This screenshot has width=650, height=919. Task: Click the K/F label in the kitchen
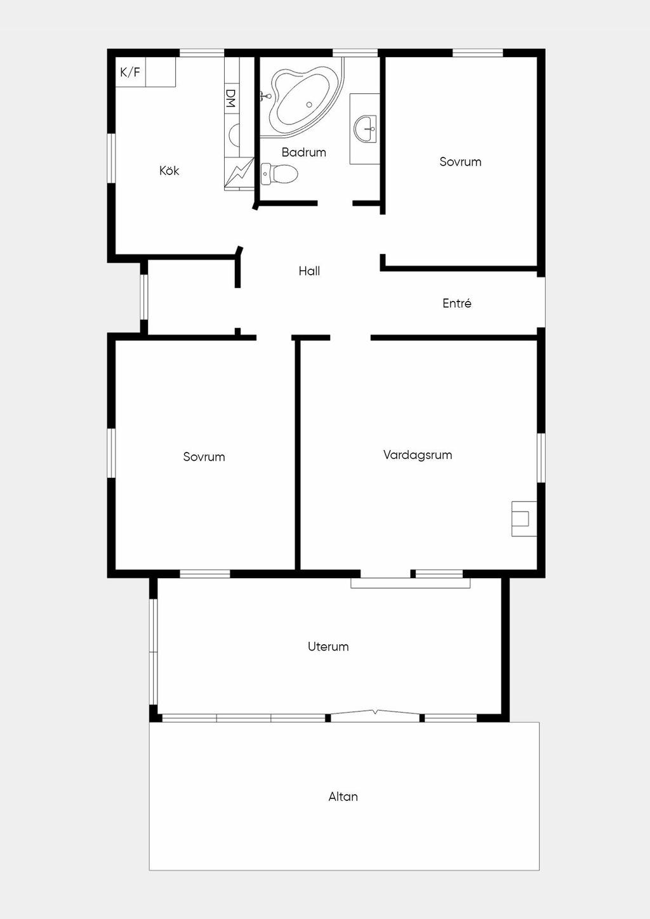pos(130,72)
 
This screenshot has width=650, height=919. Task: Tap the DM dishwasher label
pos(232,98)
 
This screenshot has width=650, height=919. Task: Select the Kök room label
pos(169,170)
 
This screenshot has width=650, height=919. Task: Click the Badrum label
pos(303,152)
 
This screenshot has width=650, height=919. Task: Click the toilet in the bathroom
pos(279,173)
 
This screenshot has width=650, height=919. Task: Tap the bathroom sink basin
pos(365,128)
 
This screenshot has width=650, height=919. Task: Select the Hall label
pos(309,271)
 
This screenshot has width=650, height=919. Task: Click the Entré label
pos(457,303)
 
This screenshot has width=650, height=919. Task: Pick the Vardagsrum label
pos(418,454)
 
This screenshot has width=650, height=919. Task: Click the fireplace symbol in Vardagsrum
pos(524,519)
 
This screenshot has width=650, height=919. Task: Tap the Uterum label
pos(328,647)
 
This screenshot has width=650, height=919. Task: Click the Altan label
pos(343,797)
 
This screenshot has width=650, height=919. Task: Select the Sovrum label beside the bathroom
pos(460,162)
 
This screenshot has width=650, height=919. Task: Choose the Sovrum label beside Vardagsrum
pos(204,456)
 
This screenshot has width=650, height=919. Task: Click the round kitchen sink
pos(234,135)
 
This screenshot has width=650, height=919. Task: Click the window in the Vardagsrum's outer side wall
pos(541,458)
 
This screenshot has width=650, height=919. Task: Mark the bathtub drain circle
pos(309,105)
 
